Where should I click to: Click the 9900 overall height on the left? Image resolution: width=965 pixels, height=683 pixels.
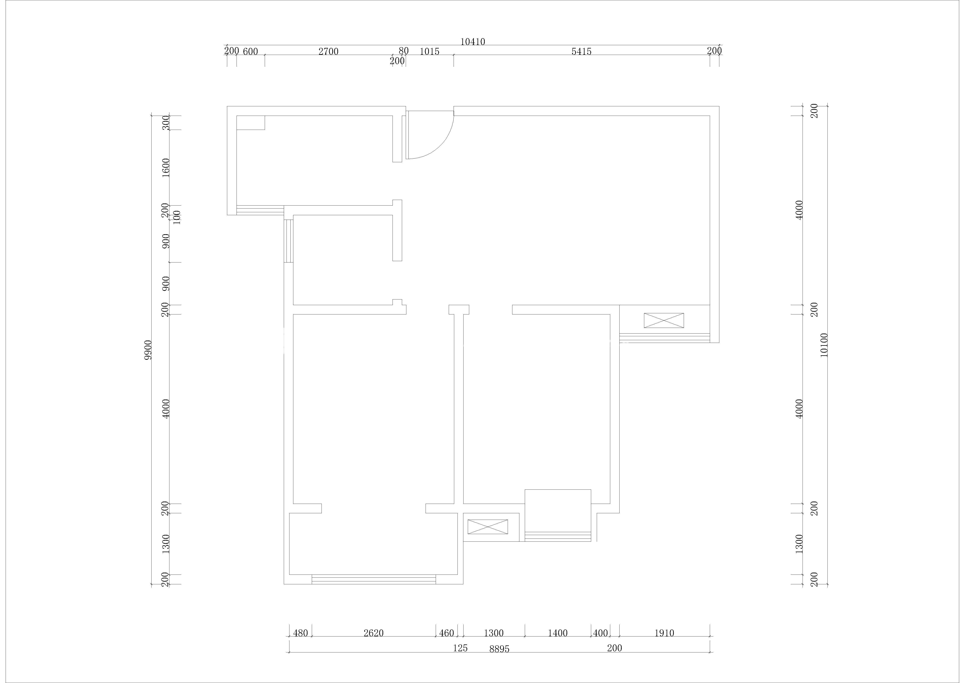147,350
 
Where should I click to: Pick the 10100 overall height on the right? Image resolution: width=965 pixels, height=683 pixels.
824,345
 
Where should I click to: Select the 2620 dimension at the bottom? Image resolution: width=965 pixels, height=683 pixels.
374,633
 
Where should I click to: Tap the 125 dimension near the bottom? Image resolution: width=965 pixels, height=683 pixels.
460,648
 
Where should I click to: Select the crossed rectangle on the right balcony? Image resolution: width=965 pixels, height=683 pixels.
664,320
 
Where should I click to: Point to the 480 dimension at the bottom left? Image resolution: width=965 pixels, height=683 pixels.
301,633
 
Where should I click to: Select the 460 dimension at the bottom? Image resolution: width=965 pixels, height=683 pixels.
446,633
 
